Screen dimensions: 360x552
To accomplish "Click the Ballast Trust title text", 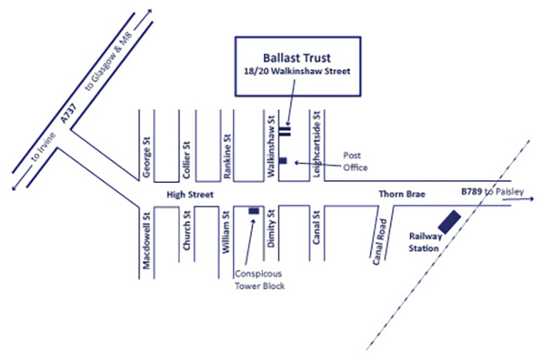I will coord(297,57).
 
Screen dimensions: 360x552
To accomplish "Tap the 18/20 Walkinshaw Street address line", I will coord(297,73).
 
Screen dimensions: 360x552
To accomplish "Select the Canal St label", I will coord(316,233).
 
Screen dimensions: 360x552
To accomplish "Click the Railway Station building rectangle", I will coord(448,221).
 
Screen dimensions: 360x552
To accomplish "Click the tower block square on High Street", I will coord(254,210).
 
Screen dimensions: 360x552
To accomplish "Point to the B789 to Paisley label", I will coord(488,193).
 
